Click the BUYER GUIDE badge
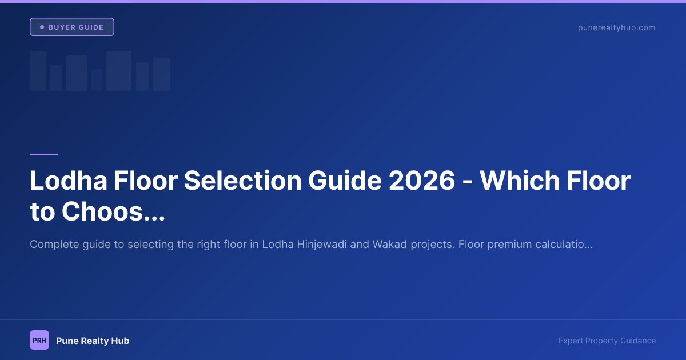[x=72, y=27]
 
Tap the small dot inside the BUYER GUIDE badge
[x=42, y=27]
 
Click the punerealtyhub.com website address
[x=616, y=27]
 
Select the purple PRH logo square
[x=39, y=340]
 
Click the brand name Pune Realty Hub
[x=93, y=341]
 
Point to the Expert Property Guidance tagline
[x=607, y=341]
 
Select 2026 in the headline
[x=422, y=181]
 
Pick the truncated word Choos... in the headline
[x=113, y=212]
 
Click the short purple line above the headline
[x=44, y=154]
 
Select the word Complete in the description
[x=53, y=245]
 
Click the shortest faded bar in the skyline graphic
[x=97, y=80]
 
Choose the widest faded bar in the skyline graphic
[x=119, y=71]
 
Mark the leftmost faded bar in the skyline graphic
[x=38, y=71]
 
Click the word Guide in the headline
[x=345, y=181]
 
